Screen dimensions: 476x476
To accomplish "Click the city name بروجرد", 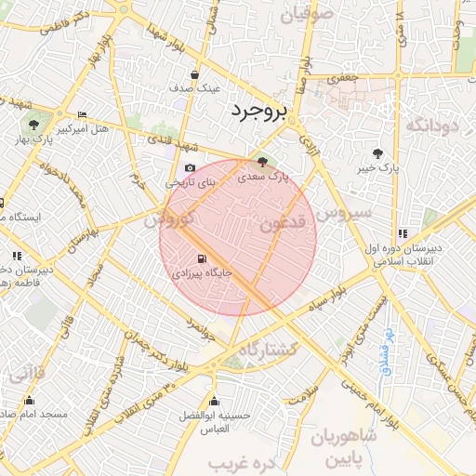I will click(x=260, y=112).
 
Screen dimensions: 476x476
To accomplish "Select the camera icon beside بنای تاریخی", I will click(x=191, y=168).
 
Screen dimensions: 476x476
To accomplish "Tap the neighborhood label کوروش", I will click(x=170, y=219).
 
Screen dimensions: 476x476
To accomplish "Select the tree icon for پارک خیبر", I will click(x=377, y=153).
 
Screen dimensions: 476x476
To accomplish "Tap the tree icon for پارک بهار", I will click(x=33, y=124).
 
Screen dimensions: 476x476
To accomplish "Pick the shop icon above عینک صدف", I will click(x=194, y=74).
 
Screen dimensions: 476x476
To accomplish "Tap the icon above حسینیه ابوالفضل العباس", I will click(x=215, y=402).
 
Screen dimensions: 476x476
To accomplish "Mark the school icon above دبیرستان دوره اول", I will click(x=403, y=234).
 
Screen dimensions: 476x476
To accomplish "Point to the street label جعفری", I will click(x=347, y=80).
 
